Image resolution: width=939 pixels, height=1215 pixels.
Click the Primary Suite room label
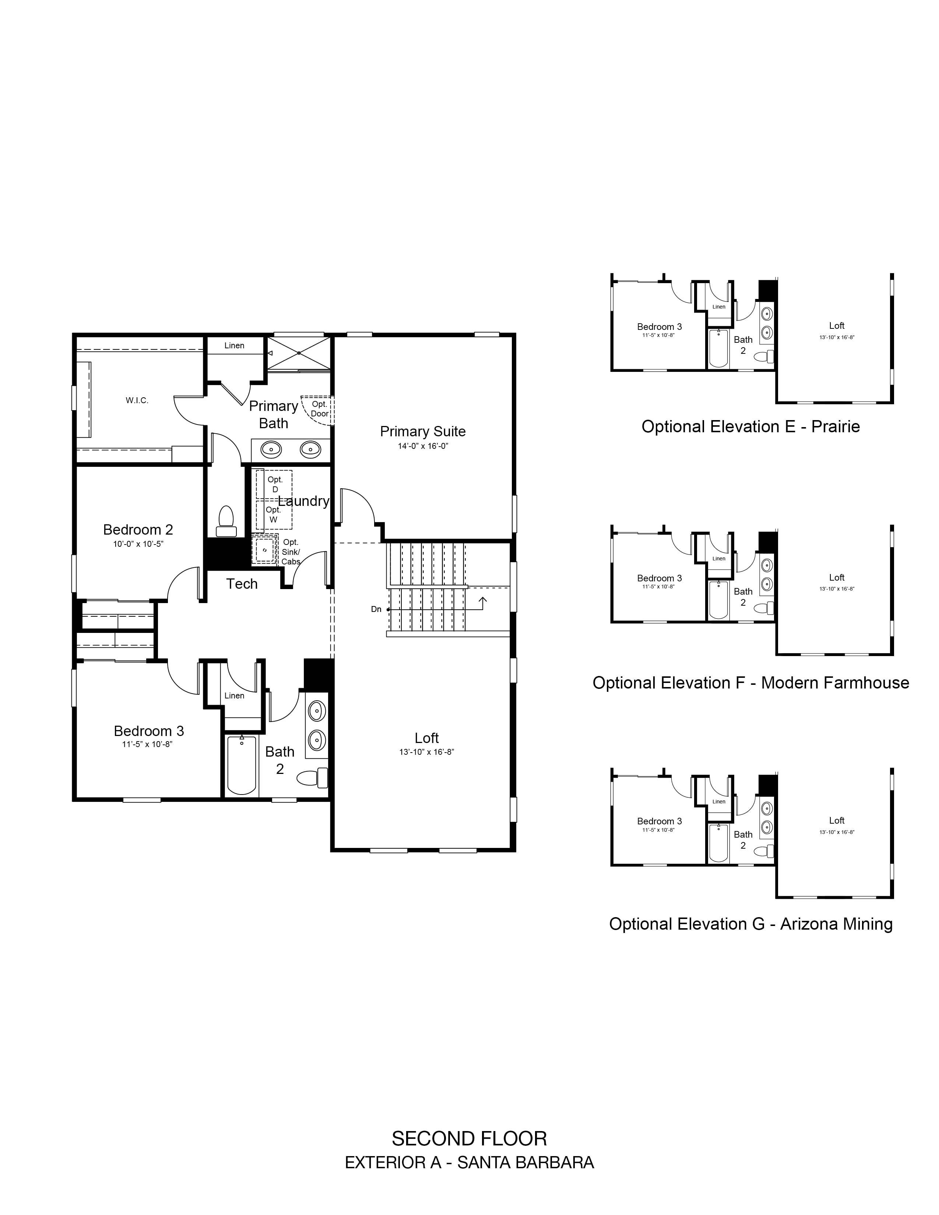[423, 431]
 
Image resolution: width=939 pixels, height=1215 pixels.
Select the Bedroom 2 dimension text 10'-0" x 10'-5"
[138, 544]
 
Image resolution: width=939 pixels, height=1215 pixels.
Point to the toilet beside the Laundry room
[226, 521]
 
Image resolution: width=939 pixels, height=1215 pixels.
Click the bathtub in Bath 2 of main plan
[242, 765]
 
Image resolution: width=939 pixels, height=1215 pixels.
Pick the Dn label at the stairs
[376, 609]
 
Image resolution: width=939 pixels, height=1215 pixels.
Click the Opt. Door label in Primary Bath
[319, 409]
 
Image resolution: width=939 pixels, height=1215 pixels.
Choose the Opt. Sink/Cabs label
[291, 552]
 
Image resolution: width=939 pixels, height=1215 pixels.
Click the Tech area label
[242, 584]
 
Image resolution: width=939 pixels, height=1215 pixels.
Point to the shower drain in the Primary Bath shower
[299, 353]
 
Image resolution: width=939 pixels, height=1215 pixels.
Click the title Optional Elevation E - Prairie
[750, 427]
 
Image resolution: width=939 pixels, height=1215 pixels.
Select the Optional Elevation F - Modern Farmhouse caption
[750, 683]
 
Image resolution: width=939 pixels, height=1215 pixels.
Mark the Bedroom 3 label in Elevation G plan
[659, 821]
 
